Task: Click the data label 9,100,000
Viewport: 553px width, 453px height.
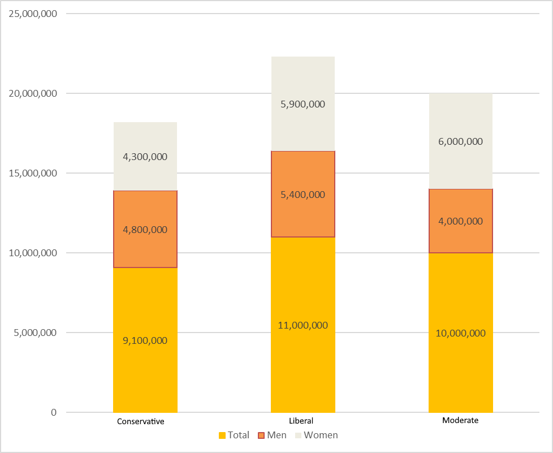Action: pyautogui.click(x=145, y=340)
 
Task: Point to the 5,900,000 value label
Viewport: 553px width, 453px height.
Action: pyautogui.click(x=303, y=104)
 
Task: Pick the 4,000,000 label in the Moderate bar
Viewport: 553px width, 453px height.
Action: pyautogui.click(x=460, y=221)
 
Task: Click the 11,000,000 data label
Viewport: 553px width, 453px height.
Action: pyautogui.click(x=303, y=325)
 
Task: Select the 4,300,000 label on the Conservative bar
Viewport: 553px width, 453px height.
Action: pyautogui.click(x=145, y=157)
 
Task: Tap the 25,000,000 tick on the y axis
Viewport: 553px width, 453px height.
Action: pyautogui.click(x=33, y=14)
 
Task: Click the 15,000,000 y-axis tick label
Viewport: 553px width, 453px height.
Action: pyautogui.click(x=33, y=173)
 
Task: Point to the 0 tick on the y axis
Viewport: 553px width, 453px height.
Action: pyautogui.click(x=54, y=412)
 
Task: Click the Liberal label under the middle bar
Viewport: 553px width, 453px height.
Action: pyautogui.click(x=301, y=421)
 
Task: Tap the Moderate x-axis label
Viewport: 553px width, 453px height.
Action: pyautogui.click(x=460, y=421)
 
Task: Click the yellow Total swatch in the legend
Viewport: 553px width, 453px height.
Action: pyautogui.click(x=222, y=435)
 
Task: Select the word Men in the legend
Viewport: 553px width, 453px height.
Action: pyautogui.click(x=277, y=435)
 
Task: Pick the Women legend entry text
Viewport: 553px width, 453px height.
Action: pyautogui.click(x=321, y=435)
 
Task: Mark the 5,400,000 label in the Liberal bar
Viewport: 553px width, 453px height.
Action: pyautogui.click(x=303, y=195)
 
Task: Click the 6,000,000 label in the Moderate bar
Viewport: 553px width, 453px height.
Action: pyautogui.click(x=460, y=141)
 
